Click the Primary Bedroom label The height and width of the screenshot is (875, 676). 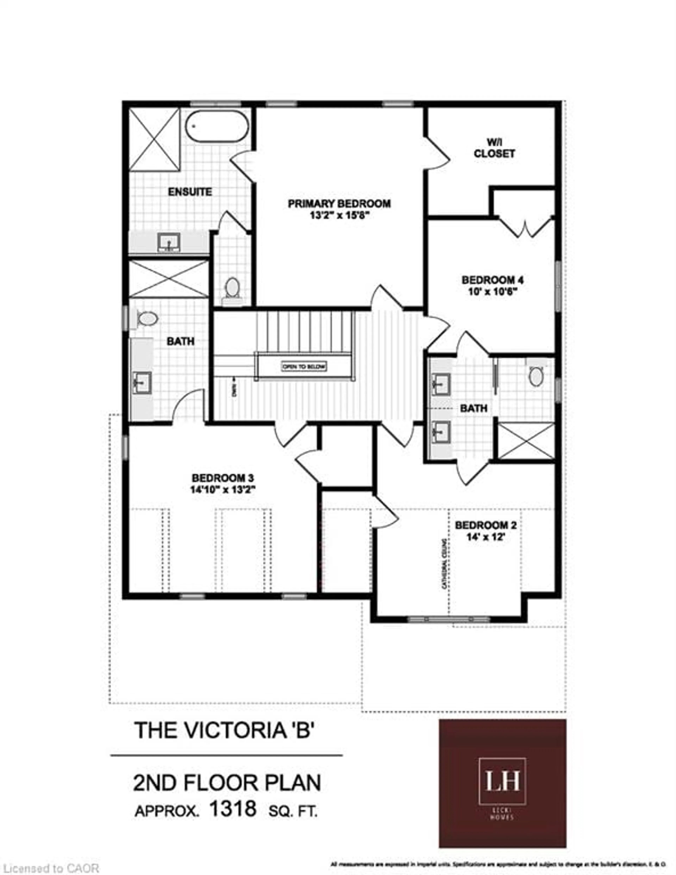339,204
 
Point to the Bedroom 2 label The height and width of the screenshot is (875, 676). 486,525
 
